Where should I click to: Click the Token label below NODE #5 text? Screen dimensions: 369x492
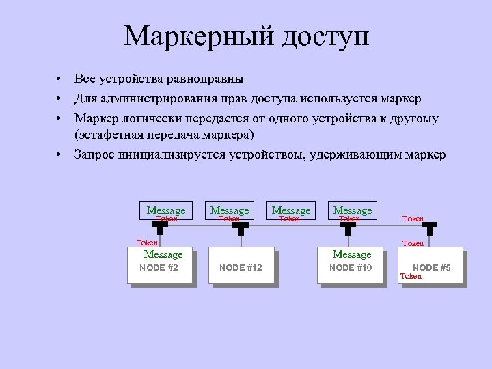tap(411, 277)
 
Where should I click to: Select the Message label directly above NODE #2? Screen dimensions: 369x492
tap(163, 254)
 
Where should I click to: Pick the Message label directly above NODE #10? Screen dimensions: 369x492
tap(351, 254)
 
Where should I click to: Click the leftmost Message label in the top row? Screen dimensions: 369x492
tap(166, 210)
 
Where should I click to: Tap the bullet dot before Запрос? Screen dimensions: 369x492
tap(61, 155)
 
